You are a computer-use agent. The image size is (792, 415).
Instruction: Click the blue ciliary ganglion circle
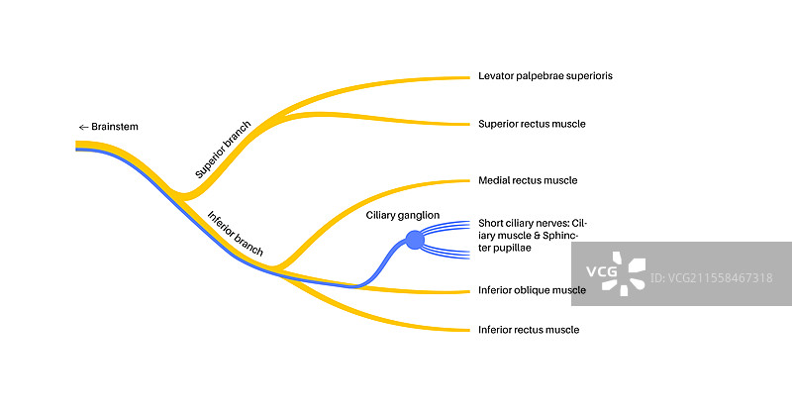coord(415,240)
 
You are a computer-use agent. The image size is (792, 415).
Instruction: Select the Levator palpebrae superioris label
coord(538,76)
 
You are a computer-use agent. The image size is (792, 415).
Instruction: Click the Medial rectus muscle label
coord(528,181)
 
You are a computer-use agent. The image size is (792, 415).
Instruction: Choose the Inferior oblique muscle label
coord(532,290)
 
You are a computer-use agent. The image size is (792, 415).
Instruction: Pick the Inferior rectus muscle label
coord(529,330)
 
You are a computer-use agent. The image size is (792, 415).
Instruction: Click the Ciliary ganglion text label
coord(403,214)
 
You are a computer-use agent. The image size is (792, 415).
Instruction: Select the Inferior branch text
coord(236,234)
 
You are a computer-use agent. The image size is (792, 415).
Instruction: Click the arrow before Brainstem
coord(83,127)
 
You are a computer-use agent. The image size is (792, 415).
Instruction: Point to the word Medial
coord(495,181)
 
